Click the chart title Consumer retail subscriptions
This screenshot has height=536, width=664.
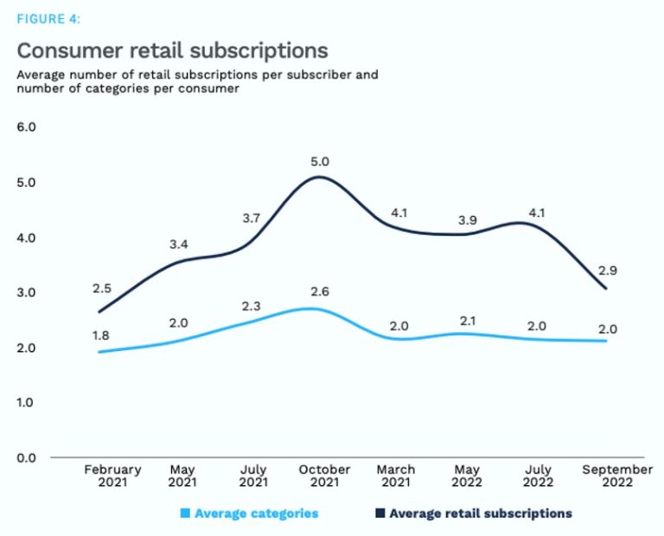(172, 49)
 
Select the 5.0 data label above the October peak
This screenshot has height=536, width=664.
(321, 162)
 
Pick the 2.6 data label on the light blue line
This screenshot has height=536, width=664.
(321, 291)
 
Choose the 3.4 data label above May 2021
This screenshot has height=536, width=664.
(178, 245)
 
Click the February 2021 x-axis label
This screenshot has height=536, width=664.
(112, 475)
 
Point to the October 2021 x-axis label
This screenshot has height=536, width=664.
(324, 475)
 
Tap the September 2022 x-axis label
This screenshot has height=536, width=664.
(616, 475)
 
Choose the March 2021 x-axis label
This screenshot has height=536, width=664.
(396, 475)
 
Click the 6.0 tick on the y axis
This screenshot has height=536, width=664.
(27, 127)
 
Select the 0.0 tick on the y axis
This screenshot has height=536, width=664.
(27, 457)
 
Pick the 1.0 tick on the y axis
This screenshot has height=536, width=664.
(27, 402)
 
